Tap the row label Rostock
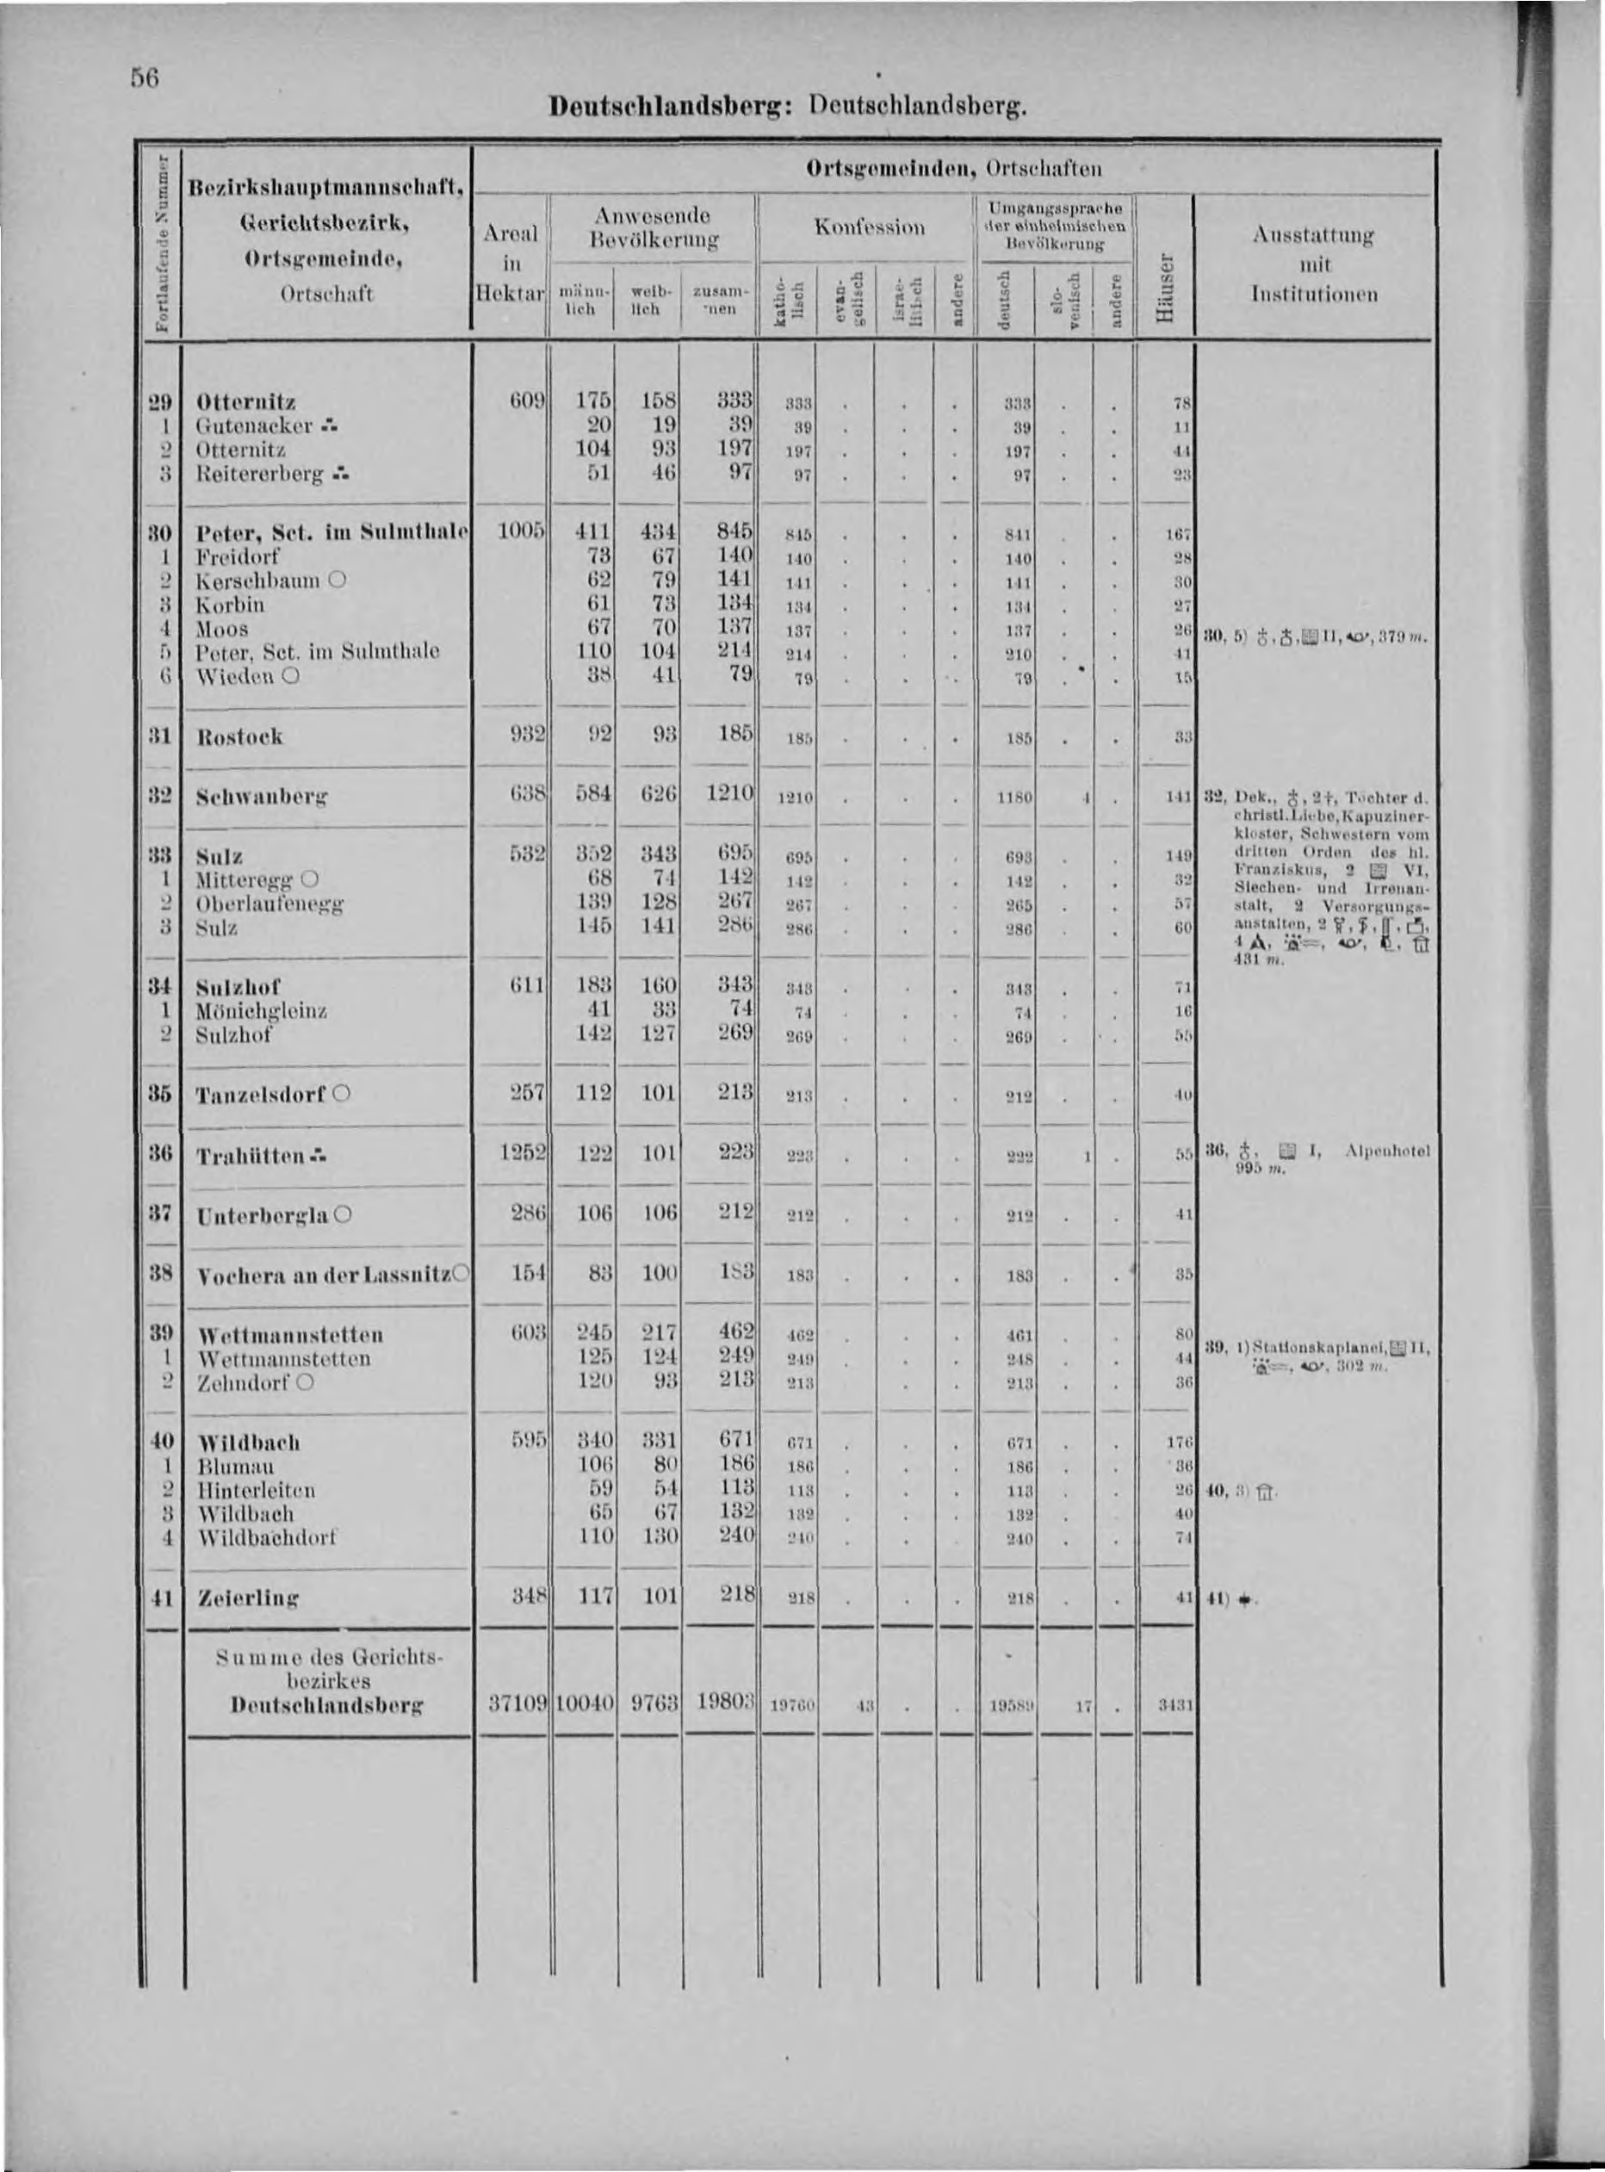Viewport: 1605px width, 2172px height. (239, 735)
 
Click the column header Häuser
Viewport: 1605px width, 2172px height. (1166, 288)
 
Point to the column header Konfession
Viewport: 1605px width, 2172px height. (870, 227)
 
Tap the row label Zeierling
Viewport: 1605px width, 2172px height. (247, 1597)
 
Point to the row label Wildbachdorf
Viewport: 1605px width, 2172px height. (266, 1537)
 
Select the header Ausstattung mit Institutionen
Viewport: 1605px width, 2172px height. (1314, 264)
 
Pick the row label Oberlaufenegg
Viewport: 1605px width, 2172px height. (270, 903)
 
